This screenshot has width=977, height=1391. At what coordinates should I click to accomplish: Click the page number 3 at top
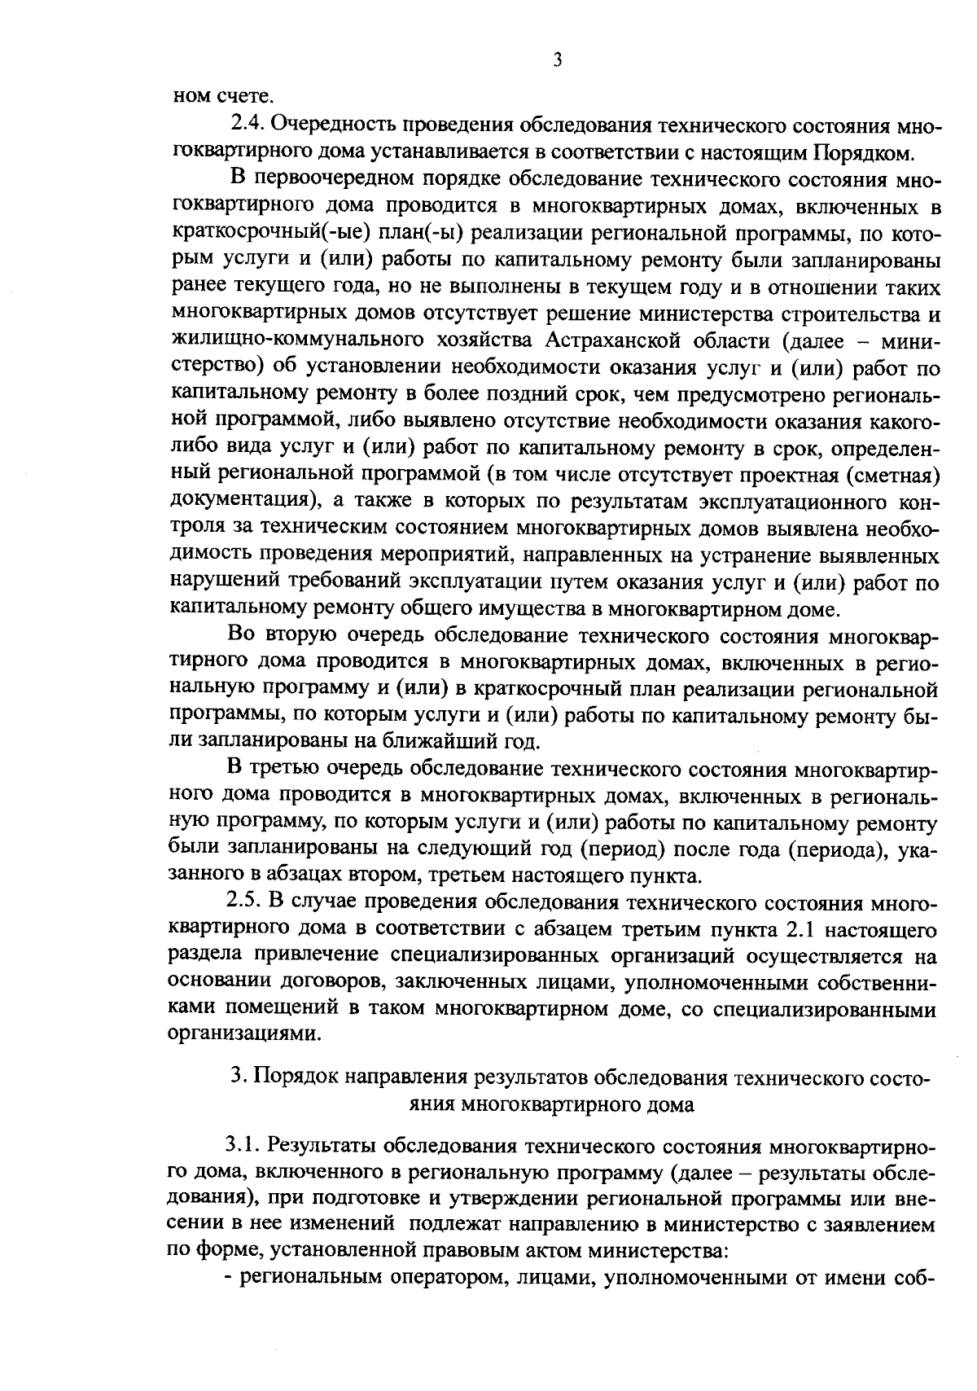tap(557, 60)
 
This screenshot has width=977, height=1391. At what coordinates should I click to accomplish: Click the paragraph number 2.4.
tap(248, 124)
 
